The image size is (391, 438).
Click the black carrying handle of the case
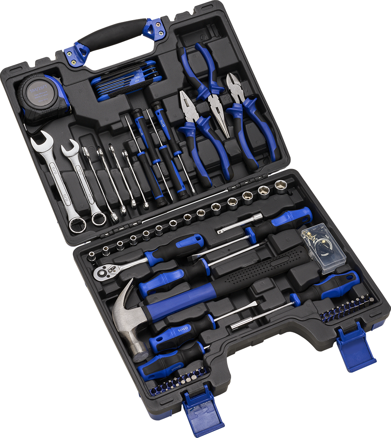(x=111, y=32)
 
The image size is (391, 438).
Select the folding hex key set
(x=126, y=81)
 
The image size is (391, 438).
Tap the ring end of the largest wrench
(x=77, y=224)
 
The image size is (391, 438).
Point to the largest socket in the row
(x=281, y=186)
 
